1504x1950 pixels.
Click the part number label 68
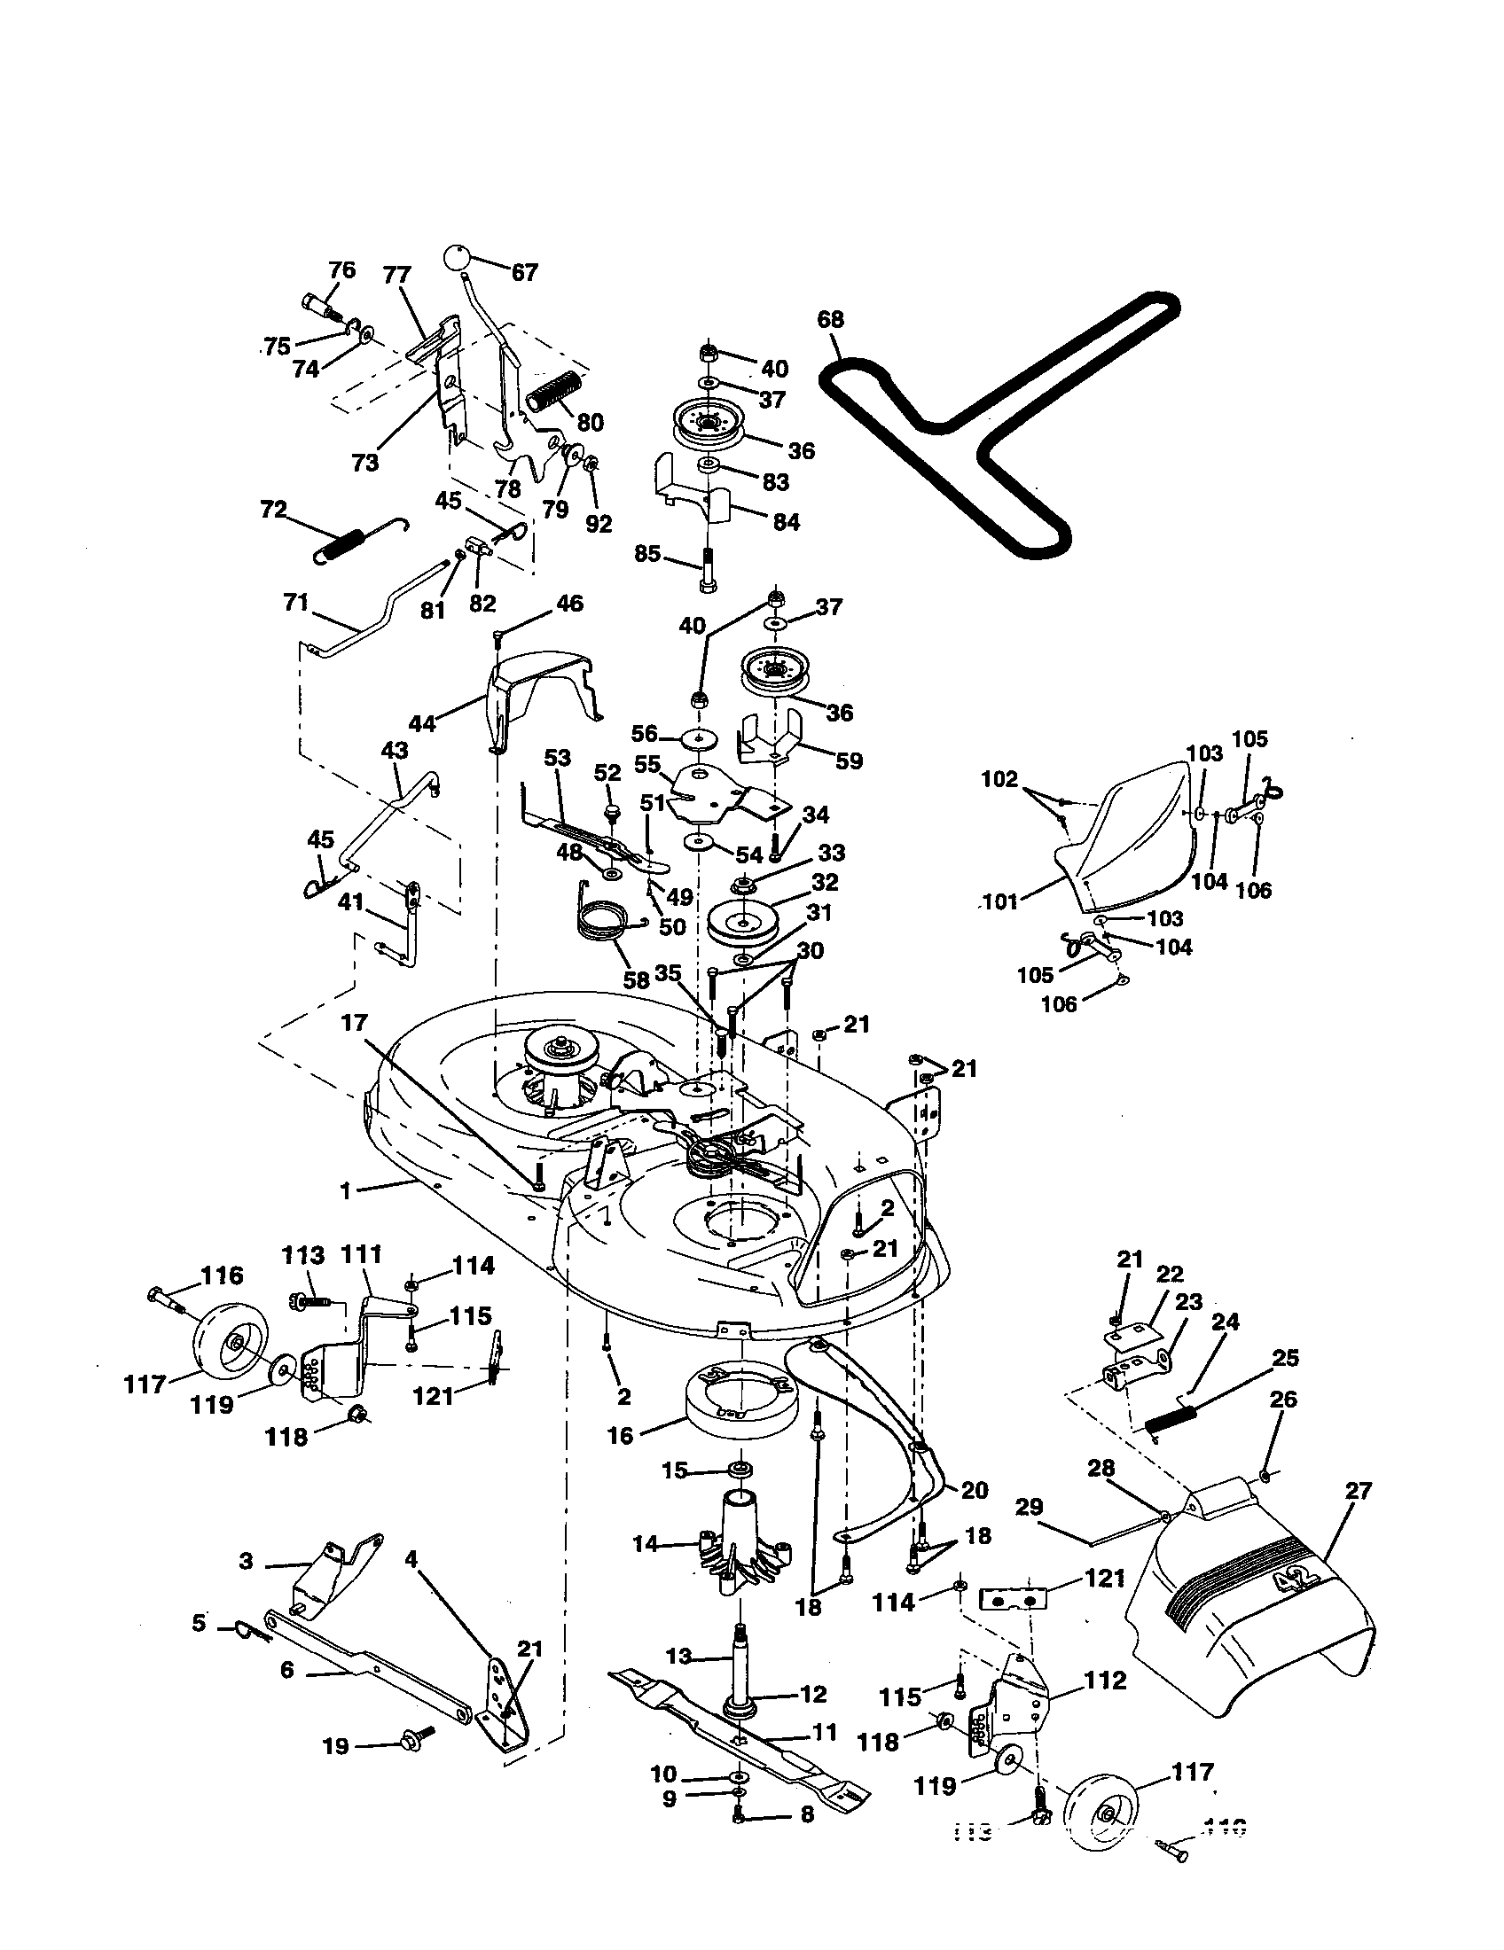(x=831, y=320)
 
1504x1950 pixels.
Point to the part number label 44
(x=422, y=723)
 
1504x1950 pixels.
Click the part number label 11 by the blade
(x=825, y=1732)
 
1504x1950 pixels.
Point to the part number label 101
(x=1000, y=902)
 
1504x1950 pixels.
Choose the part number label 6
(x=287, y=1670)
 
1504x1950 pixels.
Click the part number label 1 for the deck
(x=345, y=1191)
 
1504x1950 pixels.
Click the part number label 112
(x=1106, y=1681)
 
